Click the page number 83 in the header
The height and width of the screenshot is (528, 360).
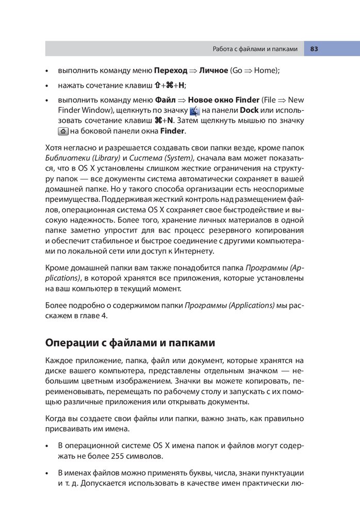coord(314,49)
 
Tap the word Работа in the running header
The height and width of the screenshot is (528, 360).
coord(224,49)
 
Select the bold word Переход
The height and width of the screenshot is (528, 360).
coord(171,70)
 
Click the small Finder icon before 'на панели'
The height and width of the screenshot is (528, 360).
coord(194,111)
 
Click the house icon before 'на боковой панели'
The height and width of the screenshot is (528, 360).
coord(63,131)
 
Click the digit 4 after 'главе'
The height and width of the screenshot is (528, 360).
coord(105,316)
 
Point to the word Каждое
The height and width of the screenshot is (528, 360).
coord(59,360)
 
